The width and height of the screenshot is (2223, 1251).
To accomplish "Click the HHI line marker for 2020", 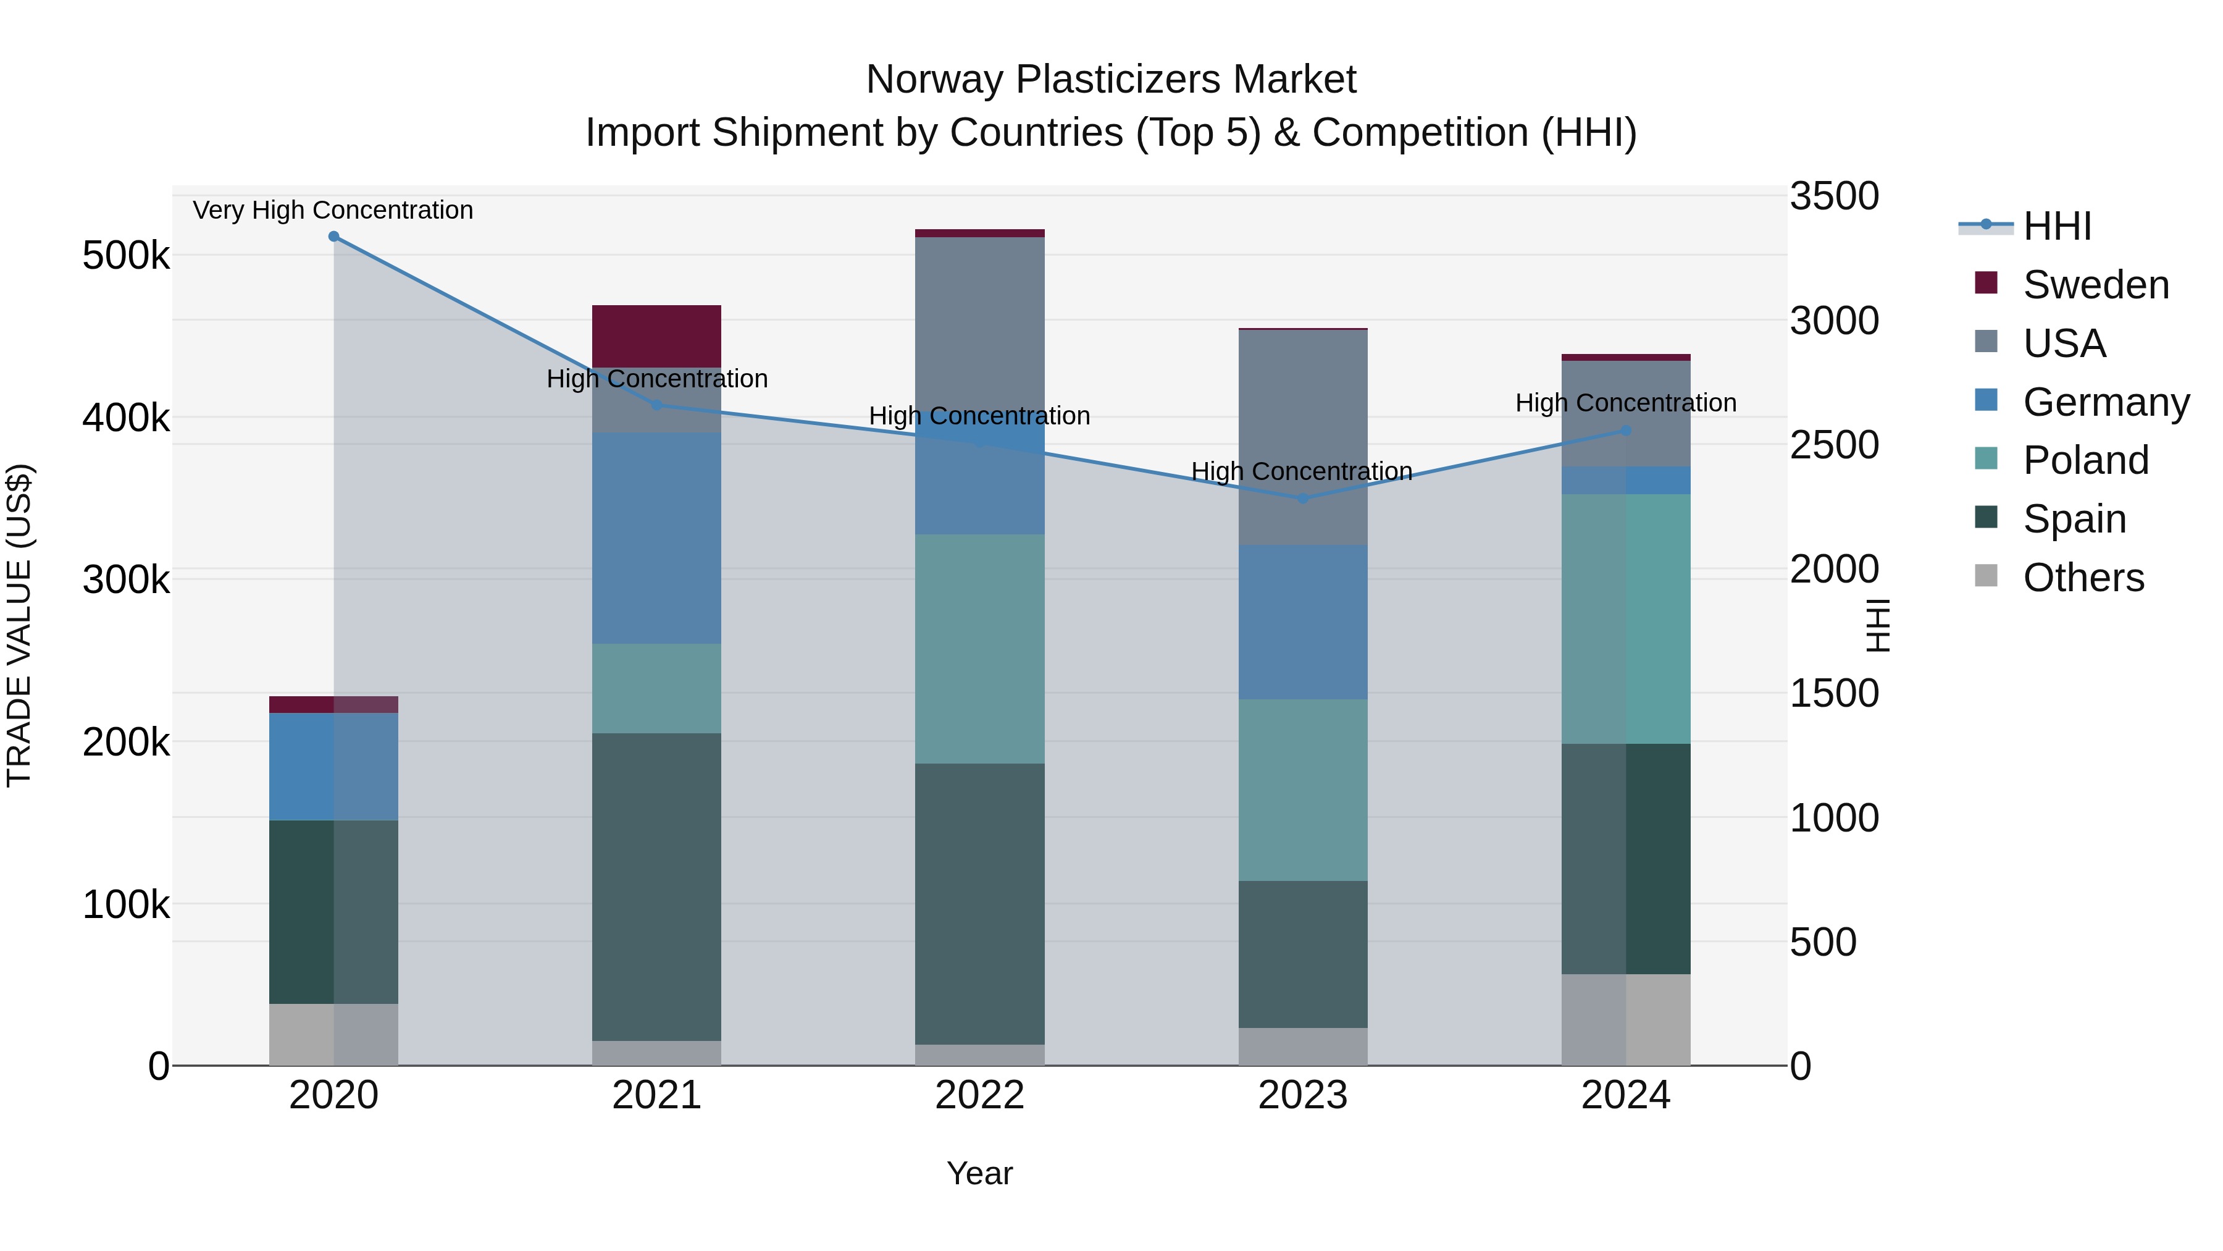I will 334,237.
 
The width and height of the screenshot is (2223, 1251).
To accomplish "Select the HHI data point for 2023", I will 1303,498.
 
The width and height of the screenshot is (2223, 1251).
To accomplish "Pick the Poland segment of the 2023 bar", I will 1303,790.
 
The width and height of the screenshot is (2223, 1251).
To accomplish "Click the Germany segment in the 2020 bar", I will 334,766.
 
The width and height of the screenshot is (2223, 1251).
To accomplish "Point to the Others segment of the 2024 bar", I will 1626,1019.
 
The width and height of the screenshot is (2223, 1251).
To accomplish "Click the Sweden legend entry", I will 2095,285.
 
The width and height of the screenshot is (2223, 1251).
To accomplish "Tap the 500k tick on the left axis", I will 126,256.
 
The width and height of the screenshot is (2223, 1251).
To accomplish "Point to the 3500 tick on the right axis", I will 1834,196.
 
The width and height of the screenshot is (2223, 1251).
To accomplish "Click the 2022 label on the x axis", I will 979,1095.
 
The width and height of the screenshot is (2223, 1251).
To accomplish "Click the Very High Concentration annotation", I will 333,210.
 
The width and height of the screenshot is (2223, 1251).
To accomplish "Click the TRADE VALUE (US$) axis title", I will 19,625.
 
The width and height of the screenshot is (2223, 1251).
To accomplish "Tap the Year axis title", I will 979,1173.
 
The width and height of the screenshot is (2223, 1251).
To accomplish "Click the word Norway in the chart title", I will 936,80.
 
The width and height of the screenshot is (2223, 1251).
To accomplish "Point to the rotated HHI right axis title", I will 1878,625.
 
